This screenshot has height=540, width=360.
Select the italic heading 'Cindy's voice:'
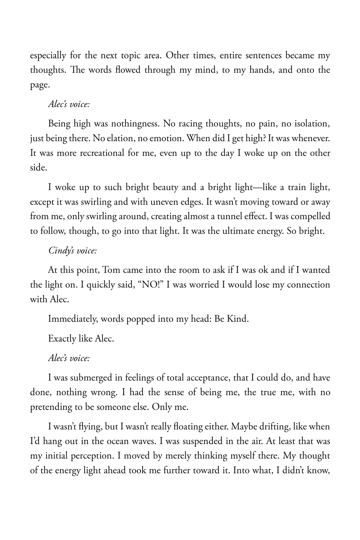coord(72,251)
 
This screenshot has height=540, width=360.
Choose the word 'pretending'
coord(51,407)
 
